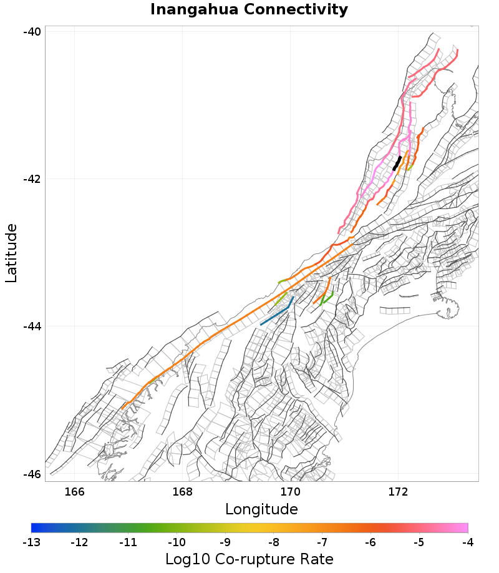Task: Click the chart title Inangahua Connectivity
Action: [x=249, y=9]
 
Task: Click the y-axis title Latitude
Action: [x=11, y=253]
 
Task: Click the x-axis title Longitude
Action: [x=261, y=509]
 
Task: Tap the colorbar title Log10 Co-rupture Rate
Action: [x=249, y=559]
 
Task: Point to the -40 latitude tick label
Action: [x=32, y=32]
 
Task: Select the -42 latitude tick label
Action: [x=32, y=179]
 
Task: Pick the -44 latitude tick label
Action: [x=32, y=326]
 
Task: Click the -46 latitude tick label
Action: [x=32, y=474]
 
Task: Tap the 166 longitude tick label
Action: [x=74, y=491]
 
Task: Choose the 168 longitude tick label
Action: [x=182, y=491]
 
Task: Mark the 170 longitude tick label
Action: [x=290, y=491]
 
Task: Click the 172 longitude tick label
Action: [x=398, y=491]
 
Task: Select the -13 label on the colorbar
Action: [x=31, y=541]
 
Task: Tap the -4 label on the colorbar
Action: [x=467, y=541]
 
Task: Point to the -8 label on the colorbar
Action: [x=273, y=541]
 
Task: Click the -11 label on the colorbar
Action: [x=128, y=541]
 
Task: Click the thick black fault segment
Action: [x=397, y=163]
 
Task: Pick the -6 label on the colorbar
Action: [x=371, y=541]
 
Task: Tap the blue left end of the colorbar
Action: [x=35, y=527]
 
